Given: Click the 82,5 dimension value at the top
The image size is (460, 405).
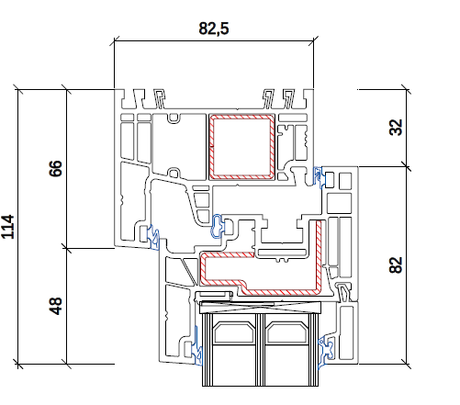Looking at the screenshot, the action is click(x=214, y=28).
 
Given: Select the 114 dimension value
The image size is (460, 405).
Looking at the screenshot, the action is click(x=7, y=227).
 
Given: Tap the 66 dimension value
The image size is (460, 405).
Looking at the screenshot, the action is click(x=55, y=168).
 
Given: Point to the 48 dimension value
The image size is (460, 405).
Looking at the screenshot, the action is click(x=55, y=306).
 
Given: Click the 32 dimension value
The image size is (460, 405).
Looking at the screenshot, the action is click(x=396, y=127).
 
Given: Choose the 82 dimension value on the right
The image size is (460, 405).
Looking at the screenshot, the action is click(x=396, y=264).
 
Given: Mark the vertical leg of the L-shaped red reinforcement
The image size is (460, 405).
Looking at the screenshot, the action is click(x=319, y=255).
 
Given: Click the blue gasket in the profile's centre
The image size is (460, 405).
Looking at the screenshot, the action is click(x=218, y=226).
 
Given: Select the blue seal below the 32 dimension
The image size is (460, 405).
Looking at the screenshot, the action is click(x=319, y=177).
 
